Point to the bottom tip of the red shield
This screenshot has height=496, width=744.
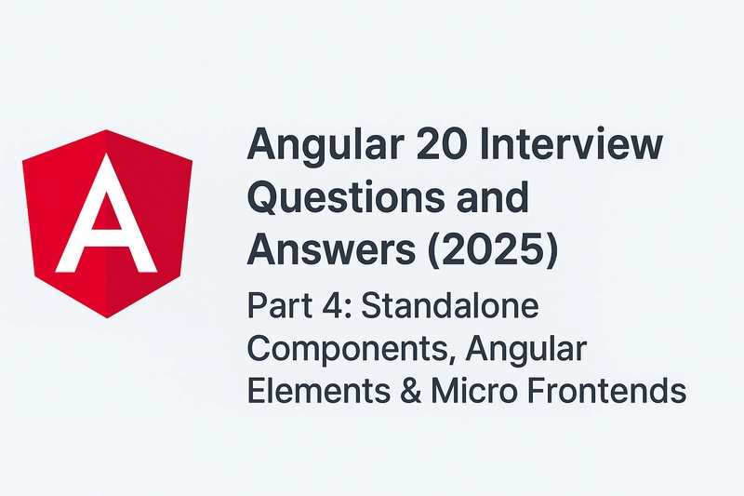[x=107, y=317]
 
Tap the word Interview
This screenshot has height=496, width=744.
[x=571, y=144]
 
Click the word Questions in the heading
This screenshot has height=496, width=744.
[x=345, y=197]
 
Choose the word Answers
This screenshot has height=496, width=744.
[x=331, y=248]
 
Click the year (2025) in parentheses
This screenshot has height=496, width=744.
[x=493, y=249]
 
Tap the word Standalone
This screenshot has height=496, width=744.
[x=450, y=305]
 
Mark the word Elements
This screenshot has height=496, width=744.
[x=319, y=390]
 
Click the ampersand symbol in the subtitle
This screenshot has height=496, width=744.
[x=411, y=390]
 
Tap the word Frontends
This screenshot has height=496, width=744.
[x=606, y=390]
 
